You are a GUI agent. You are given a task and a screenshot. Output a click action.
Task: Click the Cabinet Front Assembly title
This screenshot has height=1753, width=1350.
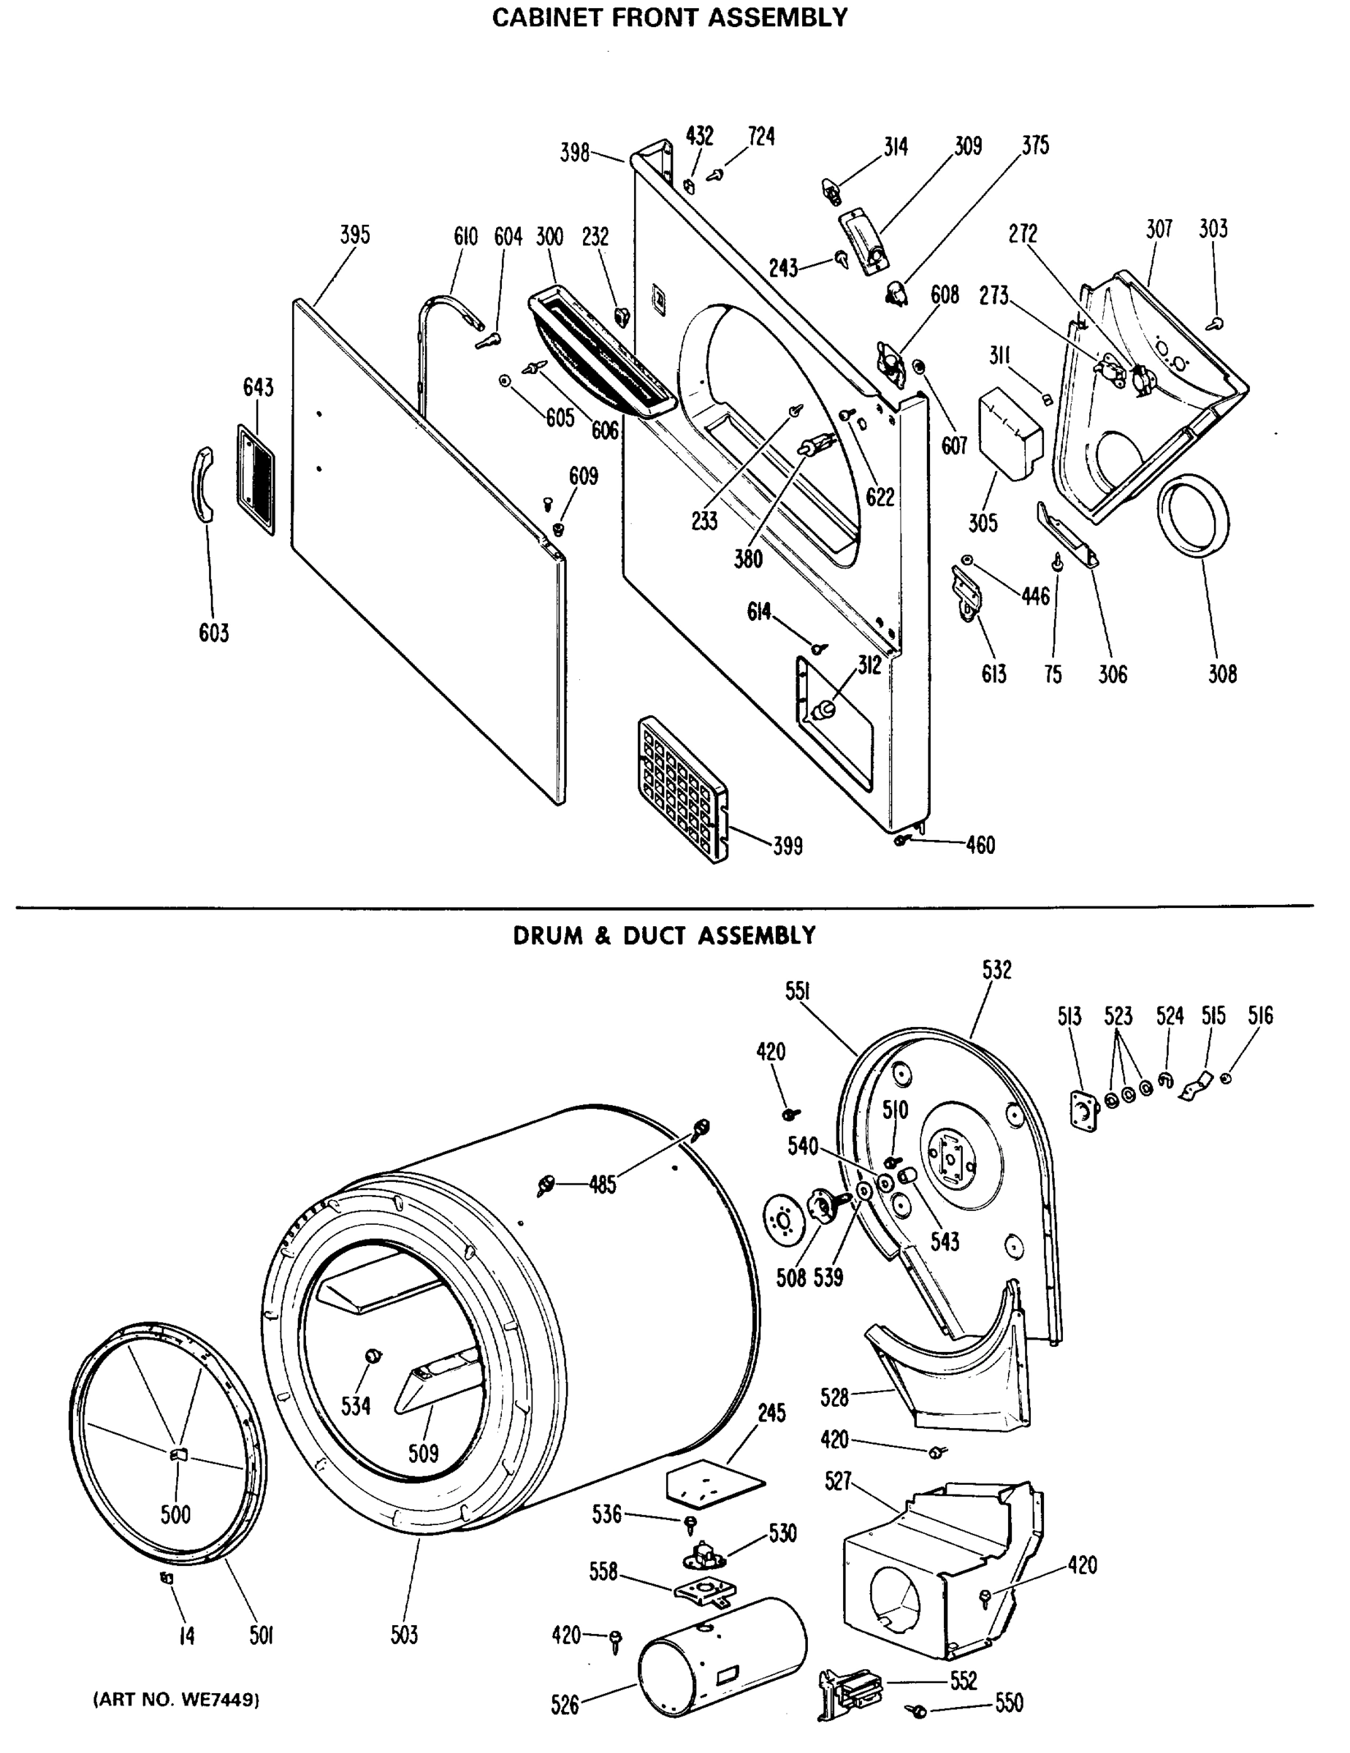[669, 18]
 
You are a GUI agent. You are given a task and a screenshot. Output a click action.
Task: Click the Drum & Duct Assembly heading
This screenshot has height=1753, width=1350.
[664, 936]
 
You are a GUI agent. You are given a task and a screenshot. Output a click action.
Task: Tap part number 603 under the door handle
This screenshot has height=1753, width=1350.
[213, 633]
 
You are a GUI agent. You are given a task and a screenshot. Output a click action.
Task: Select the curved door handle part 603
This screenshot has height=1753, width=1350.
[202, 486]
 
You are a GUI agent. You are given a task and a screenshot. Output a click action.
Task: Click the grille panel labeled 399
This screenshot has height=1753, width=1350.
[683, 790]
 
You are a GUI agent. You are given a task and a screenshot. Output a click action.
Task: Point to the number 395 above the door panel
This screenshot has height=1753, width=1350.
[355, 235]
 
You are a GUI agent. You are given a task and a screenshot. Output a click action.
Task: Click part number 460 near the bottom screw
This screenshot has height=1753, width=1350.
[980, 845]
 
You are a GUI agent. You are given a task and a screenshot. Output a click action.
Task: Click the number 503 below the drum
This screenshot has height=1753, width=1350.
[404, 1635]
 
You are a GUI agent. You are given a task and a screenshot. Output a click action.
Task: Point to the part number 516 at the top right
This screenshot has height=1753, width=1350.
[1259, 1016]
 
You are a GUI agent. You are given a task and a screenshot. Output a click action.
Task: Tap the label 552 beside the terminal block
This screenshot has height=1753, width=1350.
[962, 1681]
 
